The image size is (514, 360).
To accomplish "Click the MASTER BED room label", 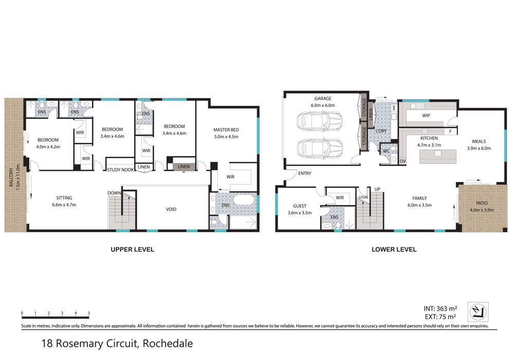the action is pos(226,130).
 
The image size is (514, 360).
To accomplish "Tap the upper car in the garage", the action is pos(320,121).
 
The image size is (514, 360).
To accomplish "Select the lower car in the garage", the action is pos(320,149).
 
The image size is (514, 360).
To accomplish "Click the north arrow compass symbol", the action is pos(478,312).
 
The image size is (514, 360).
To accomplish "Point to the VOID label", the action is pos(171,209).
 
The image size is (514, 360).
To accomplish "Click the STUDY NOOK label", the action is pos(120,170).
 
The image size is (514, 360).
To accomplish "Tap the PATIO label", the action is pos(482,203).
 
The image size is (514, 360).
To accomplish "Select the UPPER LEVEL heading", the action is pos(133,249).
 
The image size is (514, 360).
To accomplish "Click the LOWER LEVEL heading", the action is pos(394,249).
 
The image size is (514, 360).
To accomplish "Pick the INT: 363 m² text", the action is pos(440,309).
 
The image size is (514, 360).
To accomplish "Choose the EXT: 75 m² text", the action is pos(440,317).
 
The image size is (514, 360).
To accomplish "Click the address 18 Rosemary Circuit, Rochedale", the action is pos(117,343).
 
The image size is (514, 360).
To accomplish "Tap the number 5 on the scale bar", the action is pos(89,313).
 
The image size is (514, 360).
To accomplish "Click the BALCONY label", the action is pos(11,177).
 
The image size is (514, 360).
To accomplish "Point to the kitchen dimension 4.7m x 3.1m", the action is pos(429,145).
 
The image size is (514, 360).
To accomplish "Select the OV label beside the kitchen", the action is pos(402,161).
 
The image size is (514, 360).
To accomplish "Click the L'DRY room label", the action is pos(381,131).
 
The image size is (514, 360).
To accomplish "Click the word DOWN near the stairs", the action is pos(115,193).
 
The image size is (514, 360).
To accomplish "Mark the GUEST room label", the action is pos(300,206).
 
